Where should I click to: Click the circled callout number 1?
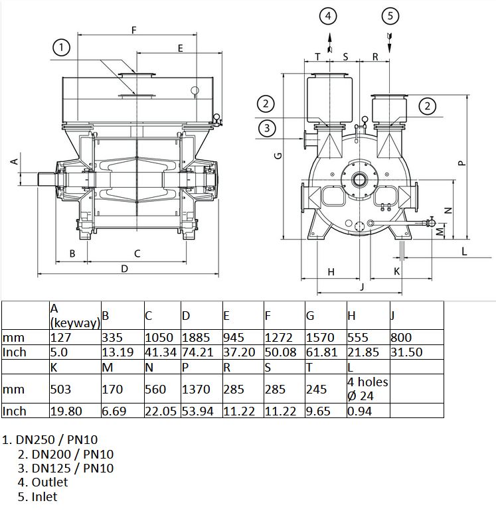(61, 48)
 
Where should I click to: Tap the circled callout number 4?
(328, 16)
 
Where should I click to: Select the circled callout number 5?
(390, 16)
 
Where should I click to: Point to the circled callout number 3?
(267, 128)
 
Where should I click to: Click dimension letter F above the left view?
(133, 30)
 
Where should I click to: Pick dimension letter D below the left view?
(124, 269)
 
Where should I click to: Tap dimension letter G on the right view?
(278, 155)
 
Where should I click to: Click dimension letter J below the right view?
(362, 287)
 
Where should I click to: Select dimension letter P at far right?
(461, 163)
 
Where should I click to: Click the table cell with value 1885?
(202, 337)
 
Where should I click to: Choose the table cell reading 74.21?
(202, 352)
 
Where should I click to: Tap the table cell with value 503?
(75, 389)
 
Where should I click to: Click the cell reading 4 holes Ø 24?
(369, 389)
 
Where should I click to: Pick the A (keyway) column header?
(75, 315)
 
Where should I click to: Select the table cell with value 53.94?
(202, 411)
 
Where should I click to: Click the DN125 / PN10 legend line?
(66, 468)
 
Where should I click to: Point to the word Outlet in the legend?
(49, 482)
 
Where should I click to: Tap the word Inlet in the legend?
(44, 496)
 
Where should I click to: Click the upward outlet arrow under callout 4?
(330, 42)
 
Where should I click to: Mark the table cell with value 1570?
(326, 337)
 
